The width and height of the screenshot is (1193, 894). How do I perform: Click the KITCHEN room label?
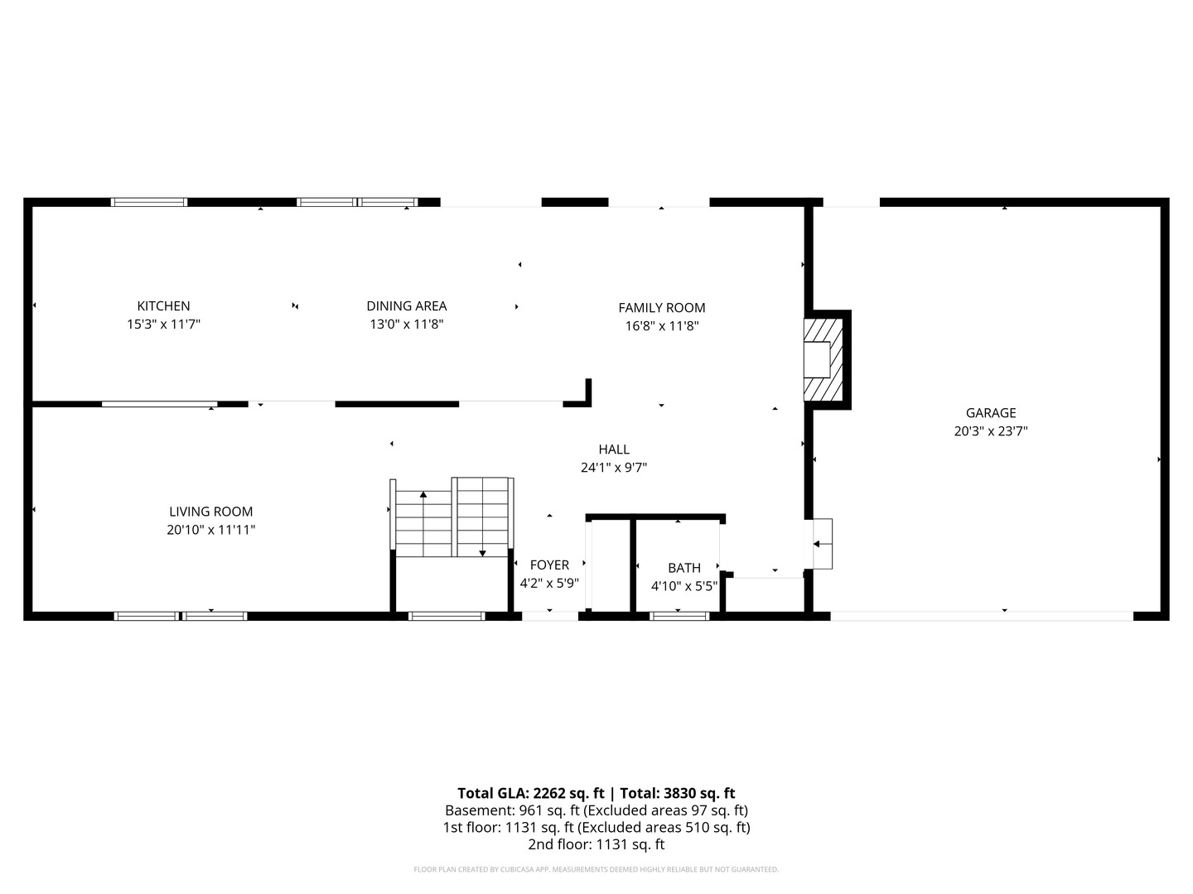point(163,305)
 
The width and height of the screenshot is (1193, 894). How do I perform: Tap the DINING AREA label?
point(407,305)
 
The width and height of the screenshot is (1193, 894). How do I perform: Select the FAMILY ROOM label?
point(661,308)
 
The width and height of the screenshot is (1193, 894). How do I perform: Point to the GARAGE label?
point(991,413)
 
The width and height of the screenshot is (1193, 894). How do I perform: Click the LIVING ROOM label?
point(211,512)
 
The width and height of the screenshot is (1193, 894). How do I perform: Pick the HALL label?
point(614,449)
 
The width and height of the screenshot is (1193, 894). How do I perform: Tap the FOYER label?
point(549,565)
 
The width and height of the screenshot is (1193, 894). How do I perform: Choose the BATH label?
point(684,568)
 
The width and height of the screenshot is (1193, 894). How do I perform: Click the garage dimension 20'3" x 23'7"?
point(991,431)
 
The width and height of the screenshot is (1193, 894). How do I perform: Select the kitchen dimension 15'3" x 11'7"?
point(163,324)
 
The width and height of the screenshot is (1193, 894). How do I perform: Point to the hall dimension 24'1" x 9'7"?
point(614,468)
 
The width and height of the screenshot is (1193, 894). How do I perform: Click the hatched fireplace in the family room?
point(823,359)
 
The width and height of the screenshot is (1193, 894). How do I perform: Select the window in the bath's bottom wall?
point(679,616)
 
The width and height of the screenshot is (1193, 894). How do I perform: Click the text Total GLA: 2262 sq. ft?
point(530,794)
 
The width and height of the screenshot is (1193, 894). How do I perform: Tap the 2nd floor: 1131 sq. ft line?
point(596,844)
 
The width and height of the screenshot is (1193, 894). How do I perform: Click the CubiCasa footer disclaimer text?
point(596,869)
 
